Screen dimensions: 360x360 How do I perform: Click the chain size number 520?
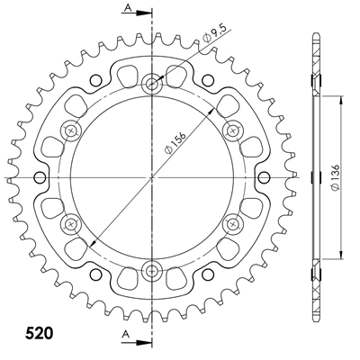coord(35,330)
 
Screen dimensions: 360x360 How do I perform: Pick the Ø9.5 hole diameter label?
coord(213,38)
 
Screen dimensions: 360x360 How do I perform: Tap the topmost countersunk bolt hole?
coord(152,84)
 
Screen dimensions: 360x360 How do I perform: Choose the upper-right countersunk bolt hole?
coord(232,130)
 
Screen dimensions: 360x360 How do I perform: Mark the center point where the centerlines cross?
coord(152,176)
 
